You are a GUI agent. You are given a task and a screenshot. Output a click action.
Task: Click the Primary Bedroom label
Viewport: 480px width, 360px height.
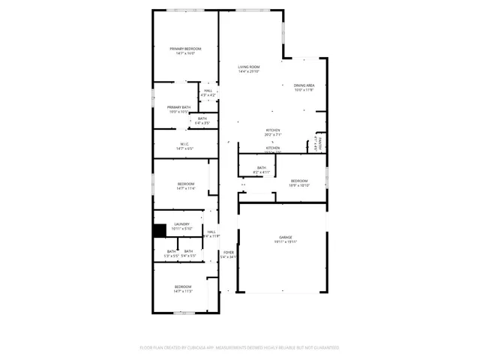pyautogui.click(x=186, y=49)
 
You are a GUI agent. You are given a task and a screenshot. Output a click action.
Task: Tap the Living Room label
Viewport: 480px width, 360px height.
pyautogui.click(x=249, y=67)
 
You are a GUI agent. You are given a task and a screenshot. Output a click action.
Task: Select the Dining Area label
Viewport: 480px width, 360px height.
pyautogui.click(x=304, y=85)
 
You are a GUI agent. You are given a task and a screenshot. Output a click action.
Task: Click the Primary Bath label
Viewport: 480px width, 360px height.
pyautogui.click(x=178, y=107)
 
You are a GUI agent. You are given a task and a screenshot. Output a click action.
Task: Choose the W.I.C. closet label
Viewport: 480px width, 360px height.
pyautogui.click(x=184, y=144)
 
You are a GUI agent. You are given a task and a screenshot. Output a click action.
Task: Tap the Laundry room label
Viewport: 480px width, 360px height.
pyautogui.click(x=181, y=223)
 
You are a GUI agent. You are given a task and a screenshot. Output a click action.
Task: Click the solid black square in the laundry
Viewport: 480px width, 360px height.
pyautogui.click(x=159, y=230)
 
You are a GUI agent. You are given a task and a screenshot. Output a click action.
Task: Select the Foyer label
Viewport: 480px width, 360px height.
pyautogui.click(x=228, y=252)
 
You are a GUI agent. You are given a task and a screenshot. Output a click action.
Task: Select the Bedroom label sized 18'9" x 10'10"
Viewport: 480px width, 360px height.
pyautogui.click(x=299, y=180)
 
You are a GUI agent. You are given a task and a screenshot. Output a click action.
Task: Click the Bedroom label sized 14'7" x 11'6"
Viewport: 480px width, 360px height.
pyautogui.click(x=185, y=184)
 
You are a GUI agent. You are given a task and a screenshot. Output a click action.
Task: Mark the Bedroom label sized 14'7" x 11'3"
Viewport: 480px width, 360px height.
pyautogui.click(x=184, y=286)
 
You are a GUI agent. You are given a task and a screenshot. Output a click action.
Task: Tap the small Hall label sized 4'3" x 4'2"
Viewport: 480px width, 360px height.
pyautogui.click(x=208, y=91)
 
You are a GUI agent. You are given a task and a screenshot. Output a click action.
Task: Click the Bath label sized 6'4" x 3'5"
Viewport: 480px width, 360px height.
pyautogui.click(x=202, y=118)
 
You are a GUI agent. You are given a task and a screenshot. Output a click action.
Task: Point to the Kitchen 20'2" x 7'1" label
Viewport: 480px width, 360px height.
pyautogui.click(x=273, y=130)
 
